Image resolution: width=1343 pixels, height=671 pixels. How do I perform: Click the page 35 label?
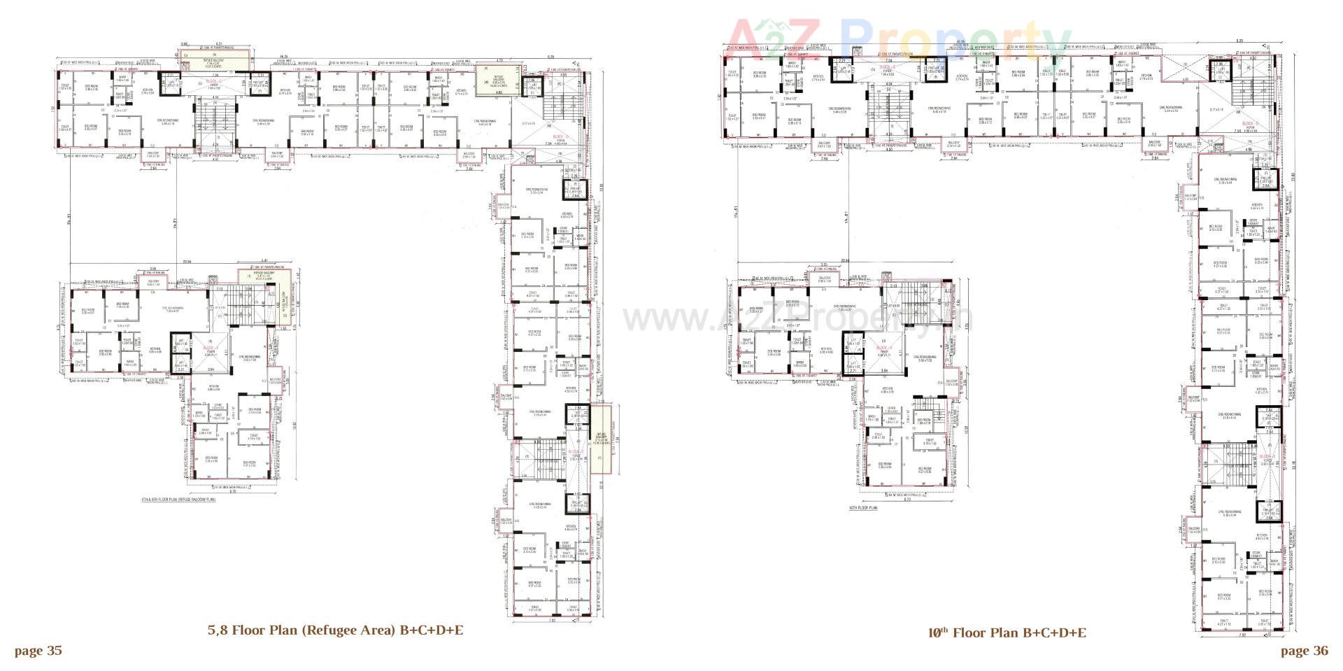click(38, 651)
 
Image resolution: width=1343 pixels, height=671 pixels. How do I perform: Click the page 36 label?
click(1304, 651)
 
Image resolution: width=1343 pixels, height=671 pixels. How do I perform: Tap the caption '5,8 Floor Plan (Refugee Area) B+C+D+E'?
click(335, 630)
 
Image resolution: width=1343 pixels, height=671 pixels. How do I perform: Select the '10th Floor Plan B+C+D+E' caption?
click(1007, 633)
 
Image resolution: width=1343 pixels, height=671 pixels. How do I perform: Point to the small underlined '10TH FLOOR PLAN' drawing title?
click(862, 508)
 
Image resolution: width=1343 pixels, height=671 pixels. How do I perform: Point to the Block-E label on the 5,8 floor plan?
click(574, 453)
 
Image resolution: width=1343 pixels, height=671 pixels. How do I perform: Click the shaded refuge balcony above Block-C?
click(214, 59)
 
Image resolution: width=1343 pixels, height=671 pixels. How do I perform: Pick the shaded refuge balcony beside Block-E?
click(600, 442)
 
